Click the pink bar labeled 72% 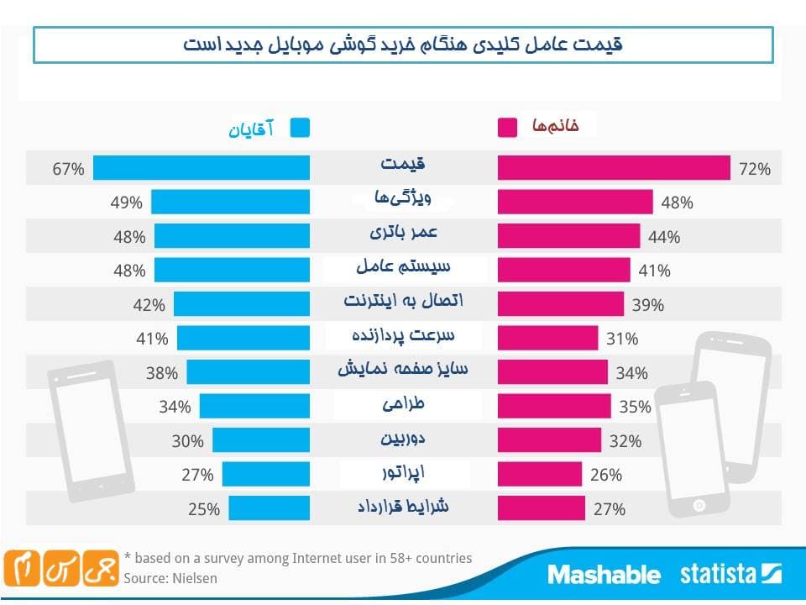tap(614, 168)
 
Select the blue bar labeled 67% tap(201, 168)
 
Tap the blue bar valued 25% tap(269, 508)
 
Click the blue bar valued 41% tap(243, 339)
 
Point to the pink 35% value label tap(635, 407)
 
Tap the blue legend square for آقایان tap(300, 128)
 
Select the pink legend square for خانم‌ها tap(507, 128)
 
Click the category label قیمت tap(403, 164)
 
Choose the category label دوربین tap(403, 438)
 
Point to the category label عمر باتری tap(403, 231)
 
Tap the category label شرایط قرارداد tap(403, 507)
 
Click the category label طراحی tap(403, 404)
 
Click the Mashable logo tap(604, 575)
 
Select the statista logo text tap(718, 575)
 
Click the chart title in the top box tap(403, 45)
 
